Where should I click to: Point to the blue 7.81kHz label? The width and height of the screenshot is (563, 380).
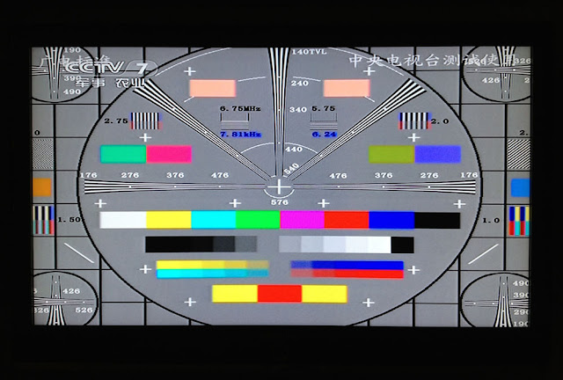239,134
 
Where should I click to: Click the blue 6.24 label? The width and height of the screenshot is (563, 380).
324,134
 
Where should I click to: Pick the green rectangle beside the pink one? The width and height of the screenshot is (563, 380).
123,154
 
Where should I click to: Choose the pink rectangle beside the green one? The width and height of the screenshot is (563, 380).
168,154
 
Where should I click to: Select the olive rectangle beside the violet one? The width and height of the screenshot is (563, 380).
391,154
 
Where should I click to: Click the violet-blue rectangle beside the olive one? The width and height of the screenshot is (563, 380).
437,154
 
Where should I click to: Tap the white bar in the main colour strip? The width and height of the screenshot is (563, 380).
123,220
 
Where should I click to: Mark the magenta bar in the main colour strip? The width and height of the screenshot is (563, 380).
302,220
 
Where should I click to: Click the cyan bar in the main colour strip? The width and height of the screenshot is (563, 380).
213,220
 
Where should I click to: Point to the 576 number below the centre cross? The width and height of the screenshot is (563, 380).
280,202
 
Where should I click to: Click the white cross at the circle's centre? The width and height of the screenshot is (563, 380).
280,186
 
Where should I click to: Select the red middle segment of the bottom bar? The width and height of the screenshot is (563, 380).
280,293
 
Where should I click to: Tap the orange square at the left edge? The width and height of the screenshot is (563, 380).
42,186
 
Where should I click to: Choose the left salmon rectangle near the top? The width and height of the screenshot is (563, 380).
213,88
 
